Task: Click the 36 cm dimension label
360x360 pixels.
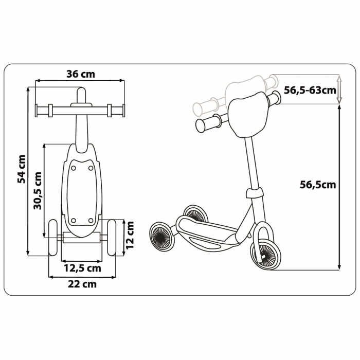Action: (80, 74)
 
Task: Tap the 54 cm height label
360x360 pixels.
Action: (22, 169)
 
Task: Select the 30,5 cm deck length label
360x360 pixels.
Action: (38, 191)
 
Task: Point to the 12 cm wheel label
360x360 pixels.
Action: (130, 235)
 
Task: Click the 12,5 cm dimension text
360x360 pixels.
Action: (82, 268)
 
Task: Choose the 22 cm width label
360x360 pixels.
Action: (82, 284)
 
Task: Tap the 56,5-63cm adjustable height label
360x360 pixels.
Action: (310, 90)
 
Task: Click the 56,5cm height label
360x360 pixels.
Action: (318, 185)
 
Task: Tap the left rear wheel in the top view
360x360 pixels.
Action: (53, 238)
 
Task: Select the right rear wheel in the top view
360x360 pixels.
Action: (112, 238)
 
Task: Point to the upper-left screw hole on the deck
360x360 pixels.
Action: (74, 168)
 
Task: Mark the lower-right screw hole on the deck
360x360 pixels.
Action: (91, 221)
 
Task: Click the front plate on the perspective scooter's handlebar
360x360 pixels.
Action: (248, 114)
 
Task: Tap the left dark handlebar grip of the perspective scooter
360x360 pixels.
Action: (208, 122)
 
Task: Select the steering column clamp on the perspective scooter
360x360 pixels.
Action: (254, 192)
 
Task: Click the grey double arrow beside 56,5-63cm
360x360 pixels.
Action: (339, 89)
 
